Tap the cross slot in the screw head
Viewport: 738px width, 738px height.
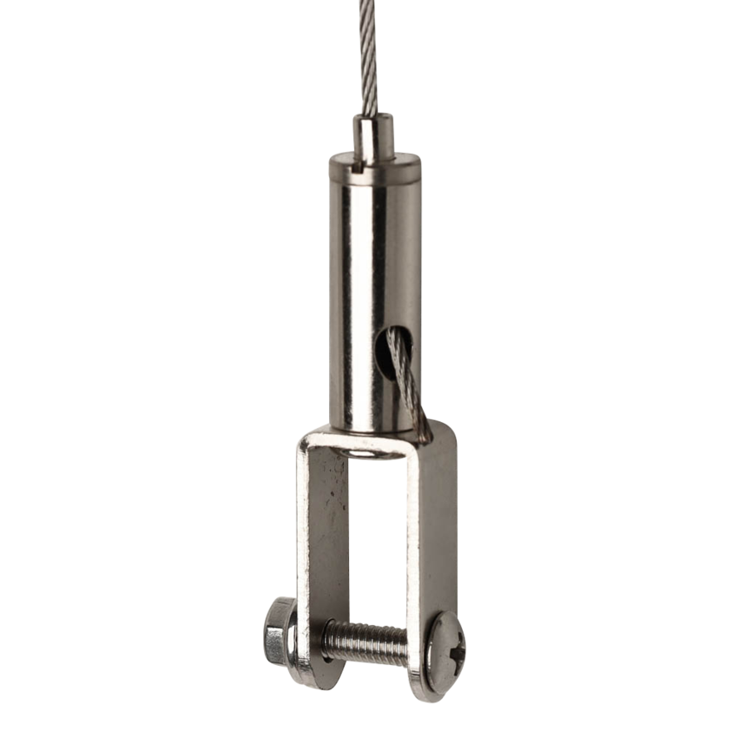click(x=452, y=649)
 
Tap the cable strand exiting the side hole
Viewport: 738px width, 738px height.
click(x=407, y=382)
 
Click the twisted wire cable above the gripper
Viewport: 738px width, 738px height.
click(x=369, y=52)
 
